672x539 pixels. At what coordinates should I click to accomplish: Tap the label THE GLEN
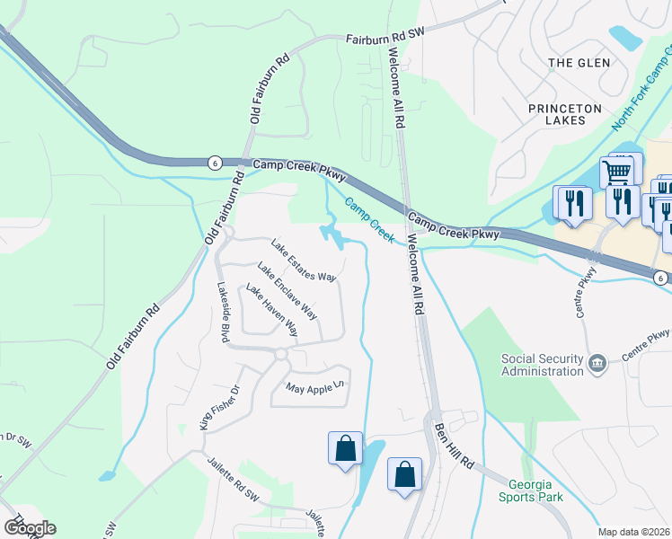pos(579,63)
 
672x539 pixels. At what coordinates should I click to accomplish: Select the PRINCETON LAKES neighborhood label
pos(564,118)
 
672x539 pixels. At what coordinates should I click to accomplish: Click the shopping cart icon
pos(617,171)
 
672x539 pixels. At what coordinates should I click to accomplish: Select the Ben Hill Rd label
pos(455,447)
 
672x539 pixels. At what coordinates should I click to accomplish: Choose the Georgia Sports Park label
pos(531,488)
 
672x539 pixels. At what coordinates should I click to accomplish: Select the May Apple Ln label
pos(314,388)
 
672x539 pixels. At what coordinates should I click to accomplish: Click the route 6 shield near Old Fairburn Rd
pos(214,163)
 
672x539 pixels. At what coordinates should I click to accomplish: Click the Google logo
pos(29,528)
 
